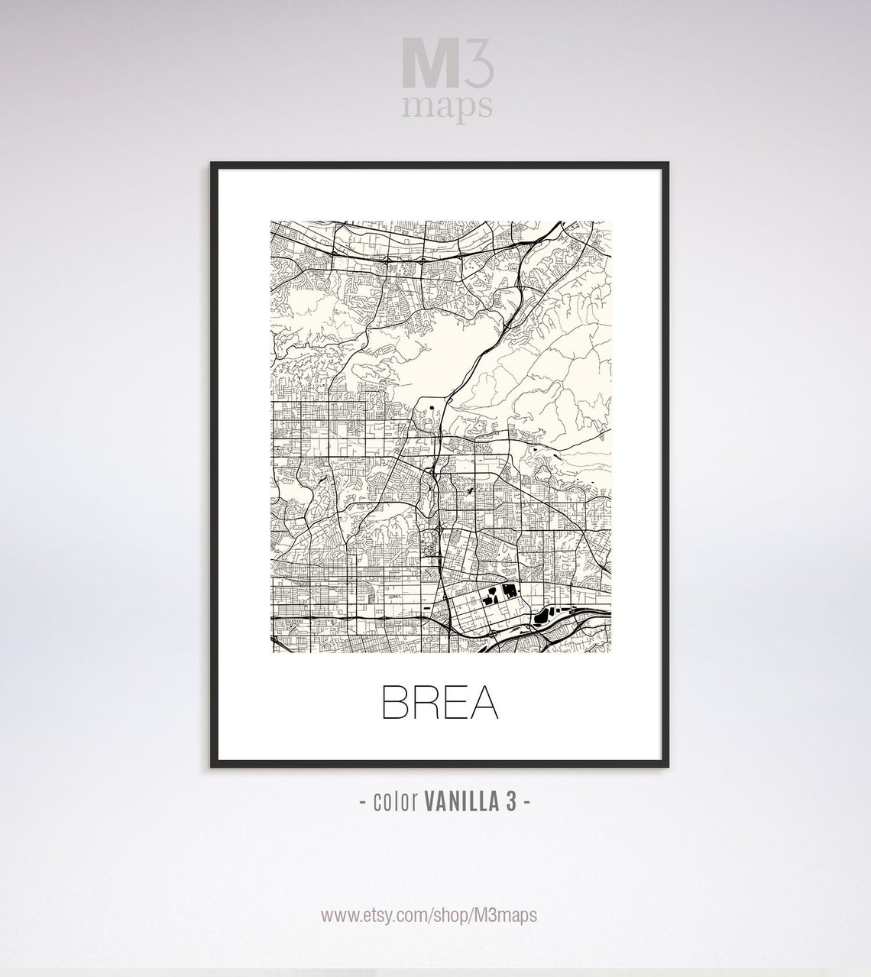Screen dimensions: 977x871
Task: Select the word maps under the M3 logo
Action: tap(448, 107)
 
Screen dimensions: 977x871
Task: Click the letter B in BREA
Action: tap(394, 704)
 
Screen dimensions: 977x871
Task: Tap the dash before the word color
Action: tap(361, 804)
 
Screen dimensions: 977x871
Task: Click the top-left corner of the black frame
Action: tap(212, 163)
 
